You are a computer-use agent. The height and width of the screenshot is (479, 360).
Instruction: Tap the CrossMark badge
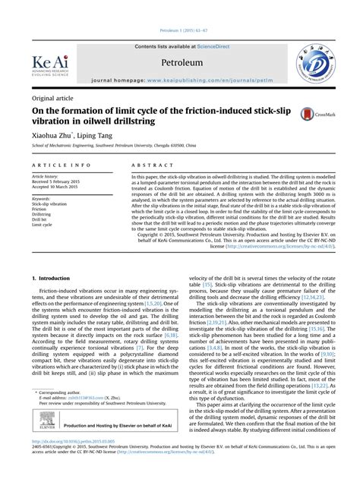(310, 115)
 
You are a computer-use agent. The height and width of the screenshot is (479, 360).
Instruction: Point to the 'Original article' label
(47, 96)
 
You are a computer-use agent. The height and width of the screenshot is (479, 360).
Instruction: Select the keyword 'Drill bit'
(39, 219)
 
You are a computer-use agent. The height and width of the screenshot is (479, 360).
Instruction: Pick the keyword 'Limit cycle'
(42, 225)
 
